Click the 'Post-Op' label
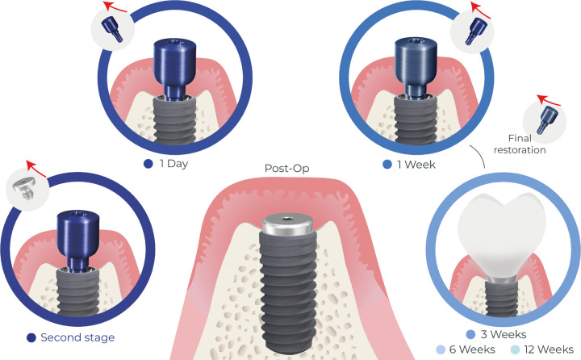[x=287, y=170]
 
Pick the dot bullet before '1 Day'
[x=148, y=164]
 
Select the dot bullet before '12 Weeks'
[x=504, y=349]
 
